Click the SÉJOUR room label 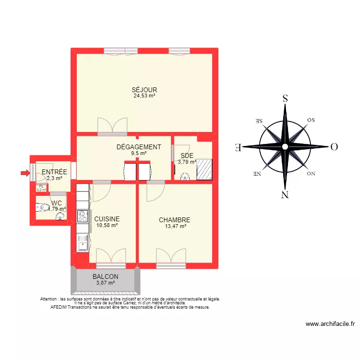pyautogui.click(x=144, y=90)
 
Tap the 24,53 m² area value pyautogui.click(x=144, y=96)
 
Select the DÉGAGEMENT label pyautogui.click(x=139, y=147)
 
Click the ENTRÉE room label pyautogui.click(x=54, y=172)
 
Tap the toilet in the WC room pyautogui.click(x=43, y=208)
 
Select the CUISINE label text pyautogui.click(x=107, y=219)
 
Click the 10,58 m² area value pyautogui.click(x=107, y=225)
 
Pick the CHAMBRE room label pyautogui.click(x=175, y=220)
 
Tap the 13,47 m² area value pyautogui.click(x=175, y=226)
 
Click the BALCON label pyautogui.click(x=105, y=277)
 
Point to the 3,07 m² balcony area pyautogui.click(x=105, y=283)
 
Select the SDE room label pyautogui.click(x=187, y=156)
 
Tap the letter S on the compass pyautogui.click(x=285, y=99)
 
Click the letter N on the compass pyautogui.click(x=285, y=194)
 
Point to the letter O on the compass pyautogui.click(x=334, y=147)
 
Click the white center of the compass pyautogui.click(x=285, y=146)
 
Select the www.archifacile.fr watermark pyautogui.click(x=330, y=324)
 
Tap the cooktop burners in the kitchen pyautogui.click(x=82, y=216)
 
